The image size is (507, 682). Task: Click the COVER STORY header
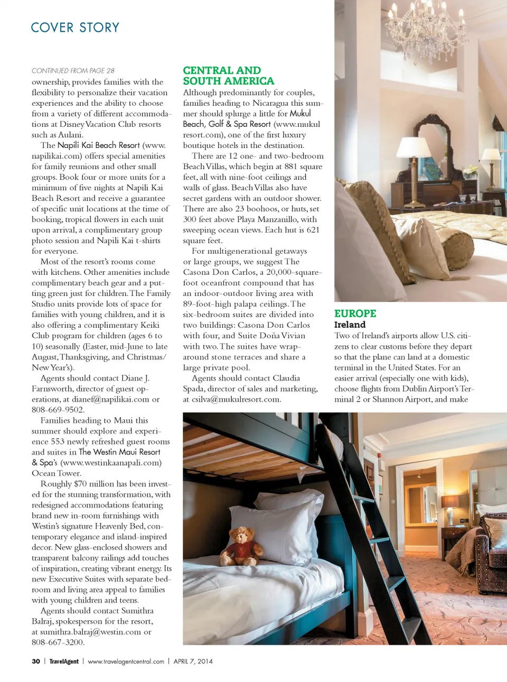click(75, 27)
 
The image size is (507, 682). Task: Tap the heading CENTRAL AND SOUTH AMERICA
click(228, 76)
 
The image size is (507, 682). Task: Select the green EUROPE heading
click(355, 314)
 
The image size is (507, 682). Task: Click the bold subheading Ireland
click(350, 325)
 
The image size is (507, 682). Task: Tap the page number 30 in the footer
click(36, 661)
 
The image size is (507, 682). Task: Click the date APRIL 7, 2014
click(193, 661)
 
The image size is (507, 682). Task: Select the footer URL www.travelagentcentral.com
click(126, 661)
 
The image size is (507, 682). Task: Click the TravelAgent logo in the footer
click(64, 661)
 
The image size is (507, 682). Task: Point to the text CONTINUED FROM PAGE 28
click(73, 70)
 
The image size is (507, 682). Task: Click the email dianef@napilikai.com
click(110, 399)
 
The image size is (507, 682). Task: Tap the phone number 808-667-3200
click(58, 642)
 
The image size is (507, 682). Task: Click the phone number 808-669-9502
click(58, 410)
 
